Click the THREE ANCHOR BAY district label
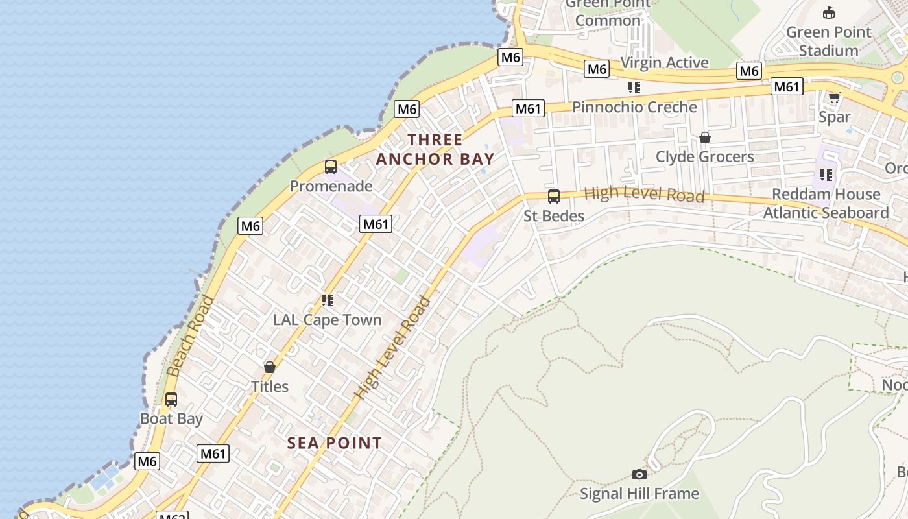click(x=435, y=149)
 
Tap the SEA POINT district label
click(x=335, y=443)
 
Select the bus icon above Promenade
click(x=331, y=167)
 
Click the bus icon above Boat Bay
click(x=171, y=400)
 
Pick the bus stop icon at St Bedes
click(x=554, y=197)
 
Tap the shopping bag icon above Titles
click(x=270, y=367)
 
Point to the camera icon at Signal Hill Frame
click(x=639, y=475)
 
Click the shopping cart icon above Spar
click(x=834, y=98)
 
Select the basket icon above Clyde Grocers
click(x=705, y=138)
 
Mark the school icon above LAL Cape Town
click(x=328, y=300)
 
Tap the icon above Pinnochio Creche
click(x=634, y=88)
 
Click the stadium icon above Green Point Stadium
click(x=828, y=12)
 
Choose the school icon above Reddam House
click(x=826, y=175)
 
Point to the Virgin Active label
click(x=665, y=62)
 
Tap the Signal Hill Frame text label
click(x=639, y=494)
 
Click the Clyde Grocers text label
click(x=705, y=156)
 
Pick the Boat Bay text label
click(x=172, y=418)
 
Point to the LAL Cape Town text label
click(x=328, y=320)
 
